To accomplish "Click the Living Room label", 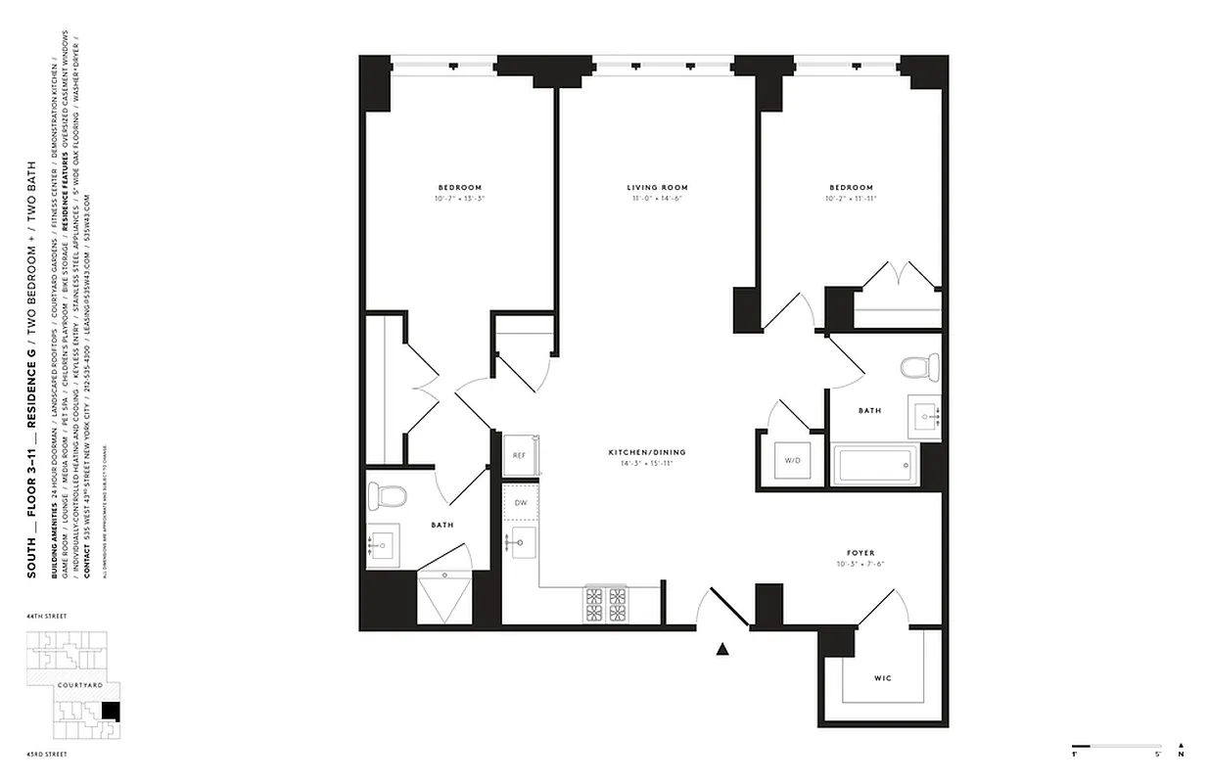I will point(657,188).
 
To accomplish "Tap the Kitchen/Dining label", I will point(647,452).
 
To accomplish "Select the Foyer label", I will point(861,553).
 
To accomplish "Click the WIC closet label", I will point(882,678).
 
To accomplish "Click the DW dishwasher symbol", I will point(521,502).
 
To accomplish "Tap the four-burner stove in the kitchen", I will point(606,604).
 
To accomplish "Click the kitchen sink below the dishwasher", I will point(522,541).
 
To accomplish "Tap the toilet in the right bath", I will point(918,369).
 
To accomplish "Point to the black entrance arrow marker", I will point(723,647).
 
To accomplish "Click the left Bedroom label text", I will point(459,188).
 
